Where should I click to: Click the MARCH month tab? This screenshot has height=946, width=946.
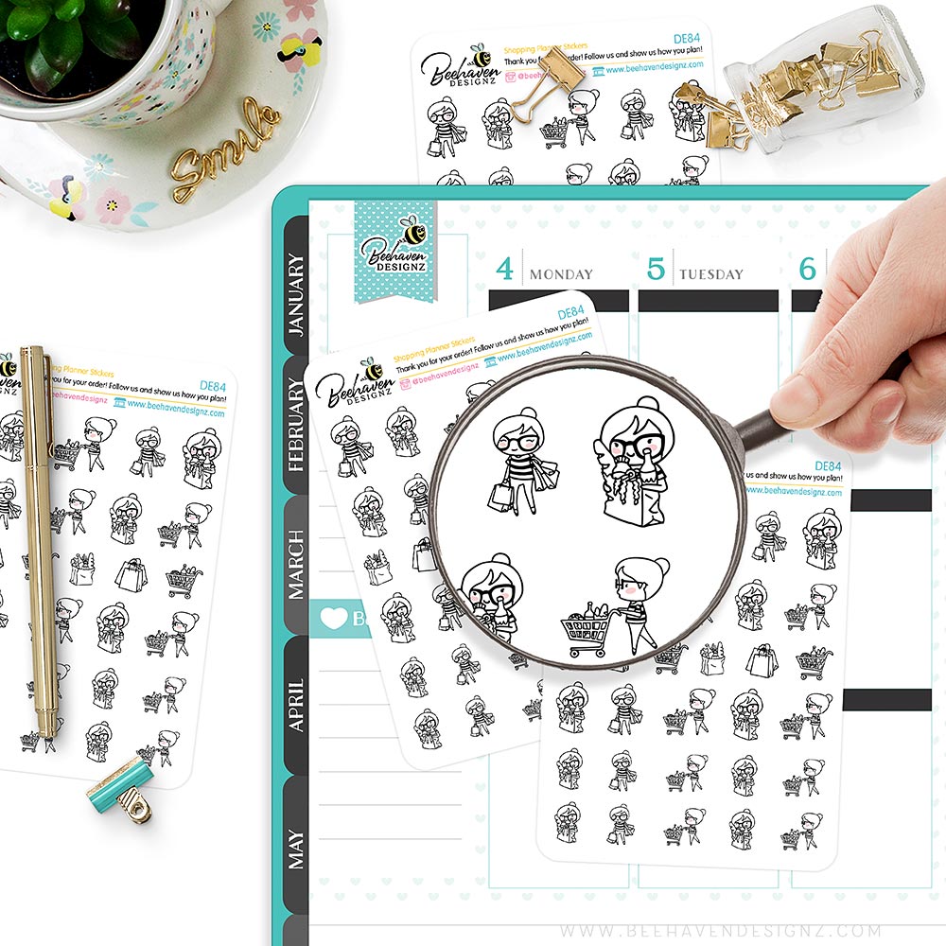(295, 564)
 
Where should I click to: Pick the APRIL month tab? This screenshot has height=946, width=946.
(295, 704)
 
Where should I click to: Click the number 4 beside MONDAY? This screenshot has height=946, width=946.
(505, 269)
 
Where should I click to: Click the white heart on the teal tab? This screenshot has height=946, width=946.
(334, 619)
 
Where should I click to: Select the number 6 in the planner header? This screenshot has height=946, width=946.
(807, 269)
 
